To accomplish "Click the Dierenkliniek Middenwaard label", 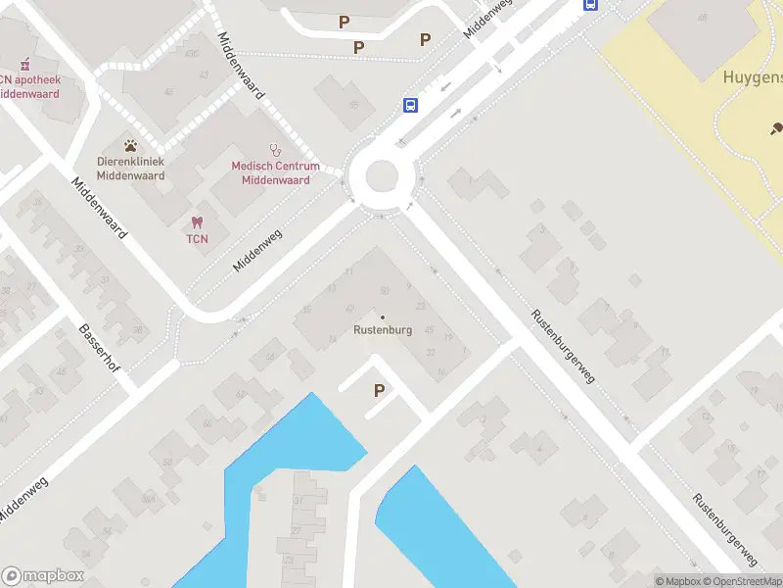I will coord(130,168).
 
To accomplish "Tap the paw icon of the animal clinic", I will coord(130,145).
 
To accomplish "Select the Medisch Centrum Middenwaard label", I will coord(275,172).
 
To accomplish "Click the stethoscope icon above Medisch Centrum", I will coord(275,150).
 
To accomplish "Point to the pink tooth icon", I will coord(198,222).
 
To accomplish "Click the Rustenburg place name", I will coord(382,330).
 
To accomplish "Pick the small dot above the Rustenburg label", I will coord(382,317).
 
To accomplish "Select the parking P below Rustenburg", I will coord(379,390).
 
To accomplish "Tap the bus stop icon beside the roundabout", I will coord(410,105).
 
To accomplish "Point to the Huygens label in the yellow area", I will coord(752,77).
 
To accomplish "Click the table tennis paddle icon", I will coord(777,127).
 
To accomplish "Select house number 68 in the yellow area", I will coord(702,18).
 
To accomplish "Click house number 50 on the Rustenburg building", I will coord(385,290).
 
